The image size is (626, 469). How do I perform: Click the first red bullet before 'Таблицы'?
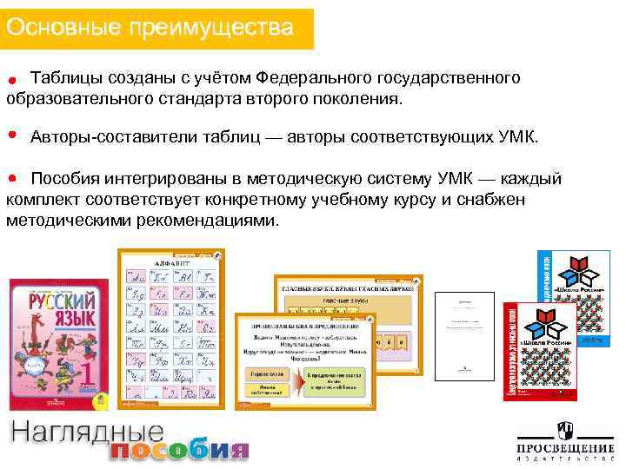click(x=13, y=81)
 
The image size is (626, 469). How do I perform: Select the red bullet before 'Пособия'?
click(x=12, y=177)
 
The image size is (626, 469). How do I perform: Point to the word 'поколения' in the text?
click(x=357, y=99)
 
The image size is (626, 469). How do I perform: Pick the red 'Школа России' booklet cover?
click(x=540, y=352)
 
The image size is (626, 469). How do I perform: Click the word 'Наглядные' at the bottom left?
click(x=87, y=433)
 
